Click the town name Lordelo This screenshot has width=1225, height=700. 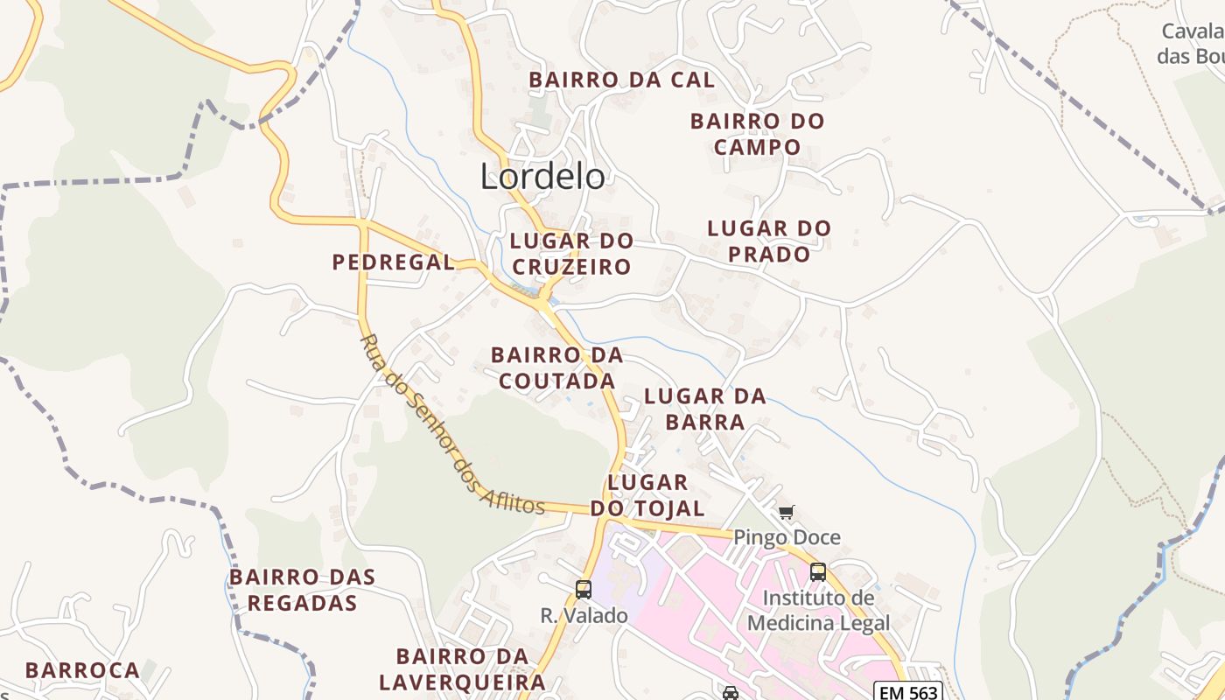542,177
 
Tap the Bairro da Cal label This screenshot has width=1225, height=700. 621,80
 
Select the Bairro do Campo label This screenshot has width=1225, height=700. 757,134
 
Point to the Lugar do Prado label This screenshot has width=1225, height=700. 769,241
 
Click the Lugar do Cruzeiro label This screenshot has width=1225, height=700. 571,254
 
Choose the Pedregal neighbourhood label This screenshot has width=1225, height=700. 394,262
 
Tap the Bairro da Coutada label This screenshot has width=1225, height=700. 556,367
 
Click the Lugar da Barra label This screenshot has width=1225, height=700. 705,409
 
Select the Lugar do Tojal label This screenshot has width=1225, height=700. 647,495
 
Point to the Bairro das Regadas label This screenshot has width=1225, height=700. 302,590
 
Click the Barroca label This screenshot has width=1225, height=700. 82,670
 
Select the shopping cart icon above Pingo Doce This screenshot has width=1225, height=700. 786,512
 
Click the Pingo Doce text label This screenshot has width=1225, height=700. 787,537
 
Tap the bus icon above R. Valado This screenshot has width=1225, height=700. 584,590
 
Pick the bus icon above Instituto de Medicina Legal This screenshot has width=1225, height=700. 817,572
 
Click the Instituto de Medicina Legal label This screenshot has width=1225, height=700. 818,611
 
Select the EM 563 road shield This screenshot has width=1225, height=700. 909,692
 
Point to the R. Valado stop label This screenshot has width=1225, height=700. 584,616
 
